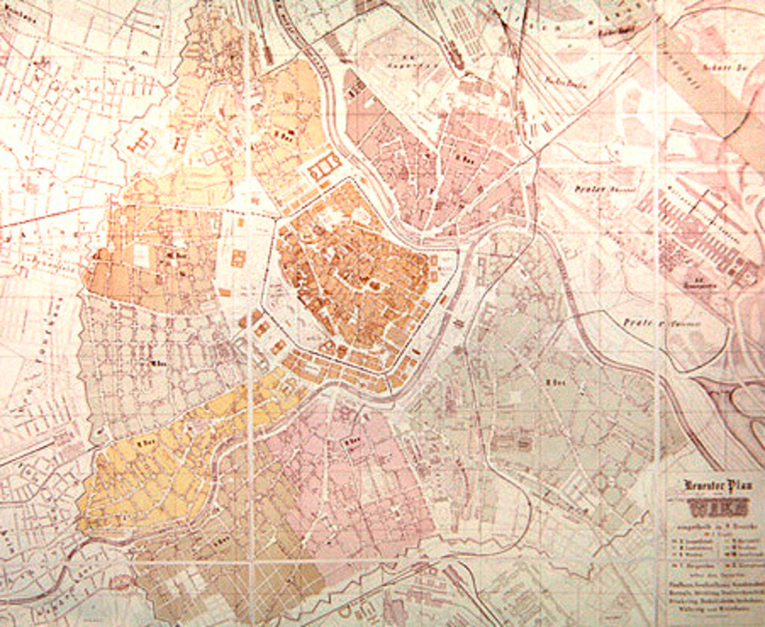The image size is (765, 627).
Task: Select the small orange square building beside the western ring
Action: (x=238, y=258)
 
